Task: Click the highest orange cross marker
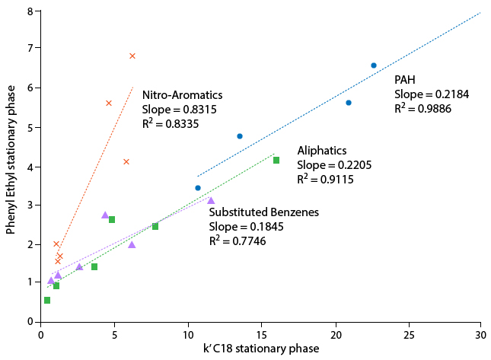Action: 132,56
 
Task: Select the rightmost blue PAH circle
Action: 374,65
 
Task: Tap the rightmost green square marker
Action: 276,160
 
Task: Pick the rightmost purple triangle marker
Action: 211,200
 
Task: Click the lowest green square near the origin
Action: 47,300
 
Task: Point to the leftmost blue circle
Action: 198,188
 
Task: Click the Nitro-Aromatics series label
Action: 182,95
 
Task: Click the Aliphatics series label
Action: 322,151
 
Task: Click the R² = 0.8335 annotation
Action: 171,123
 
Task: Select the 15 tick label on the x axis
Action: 261,334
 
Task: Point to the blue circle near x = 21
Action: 349,103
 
